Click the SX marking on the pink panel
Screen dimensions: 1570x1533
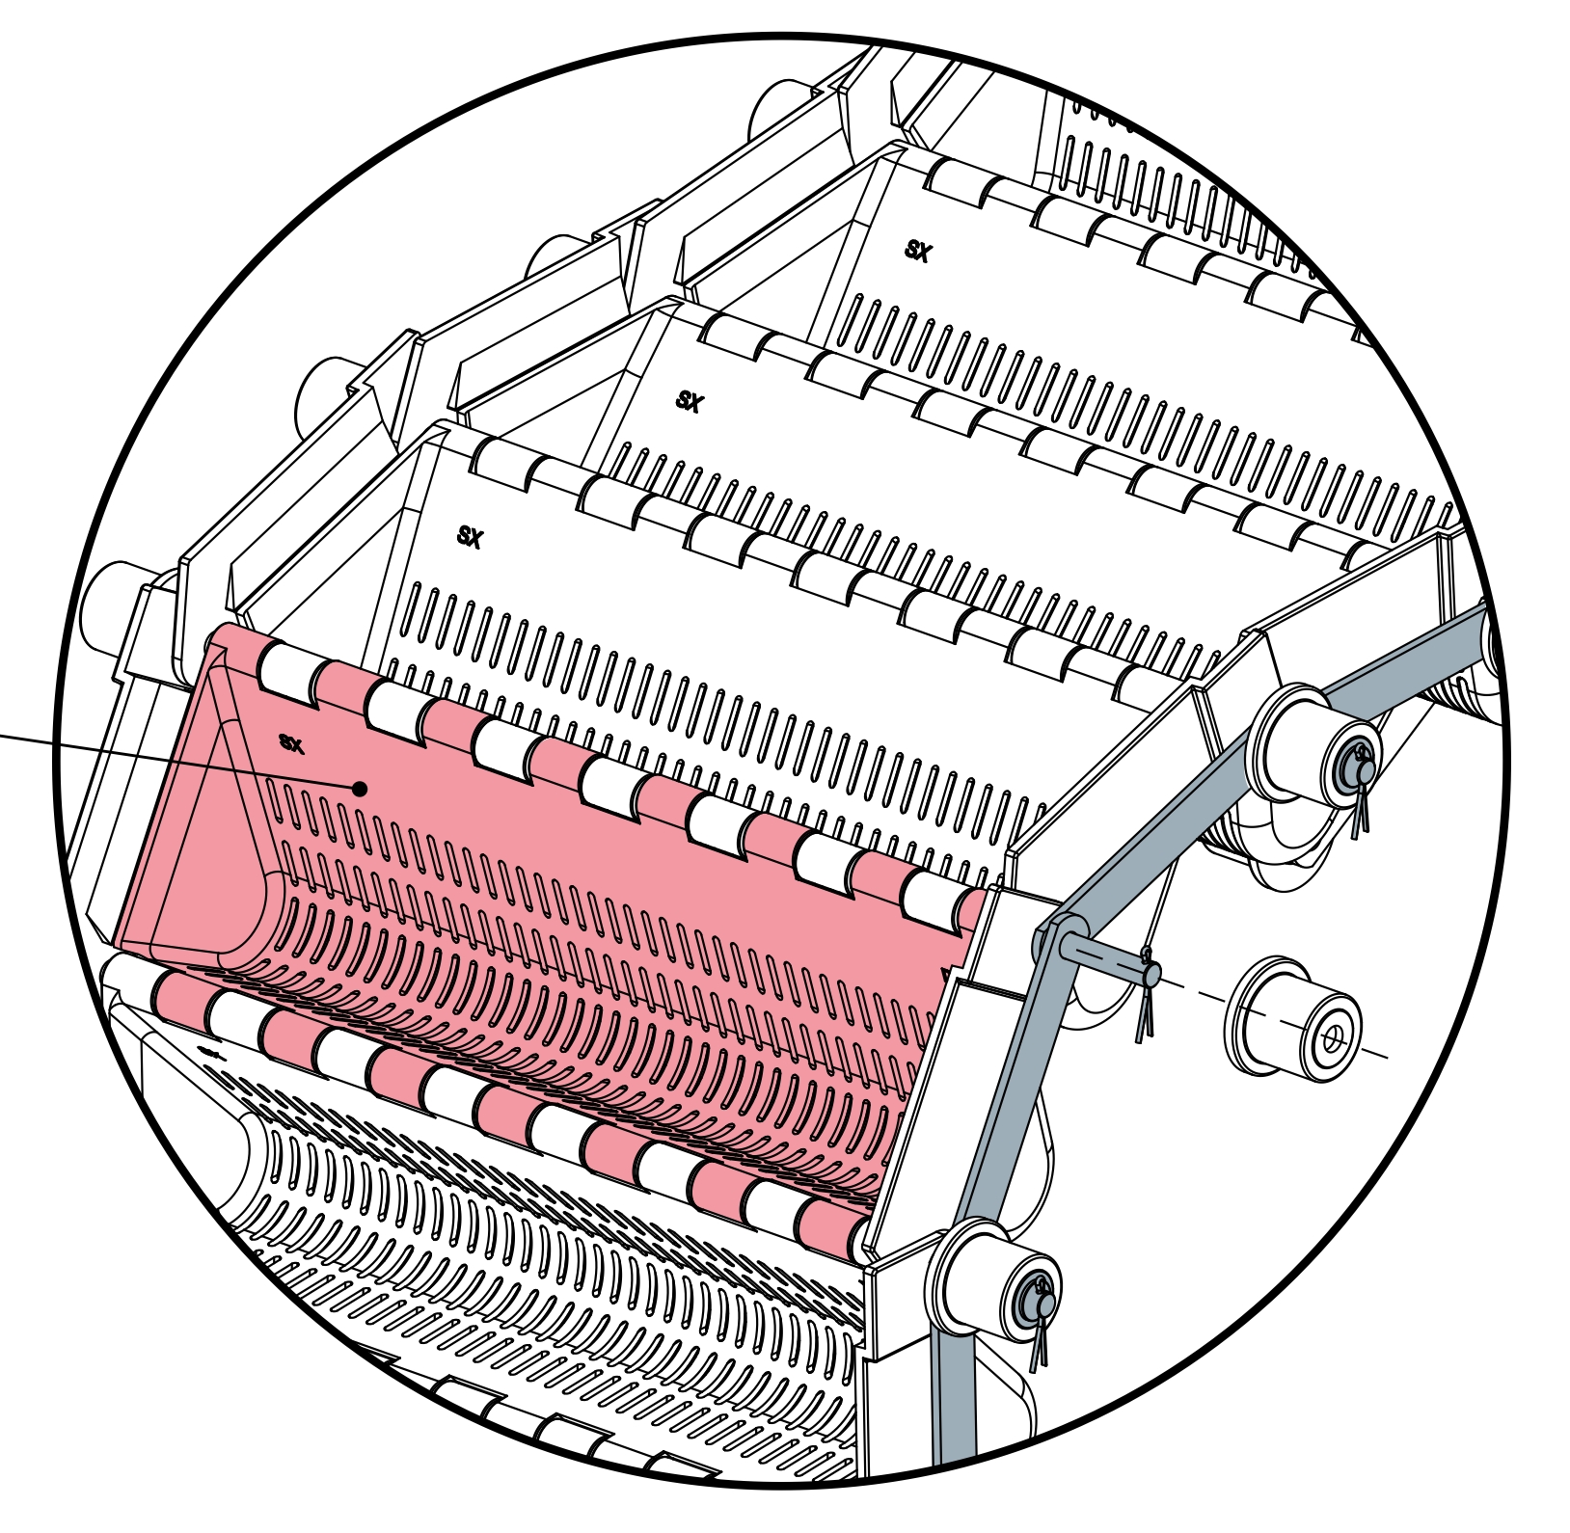[291, 743]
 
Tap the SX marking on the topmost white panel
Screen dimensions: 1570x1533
[918, 252]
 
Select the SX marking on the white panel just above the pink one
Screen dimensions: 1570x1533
[470, 537]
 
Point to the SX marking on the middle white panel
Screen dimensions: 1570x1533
[690, 401]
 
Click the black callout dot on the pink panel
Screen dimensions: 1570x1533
[360, 789]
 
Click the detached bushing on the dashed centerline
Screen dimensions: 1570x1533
[1293, 1019]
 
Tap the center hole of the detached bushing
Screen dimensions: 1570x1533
[1334, 1038]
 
